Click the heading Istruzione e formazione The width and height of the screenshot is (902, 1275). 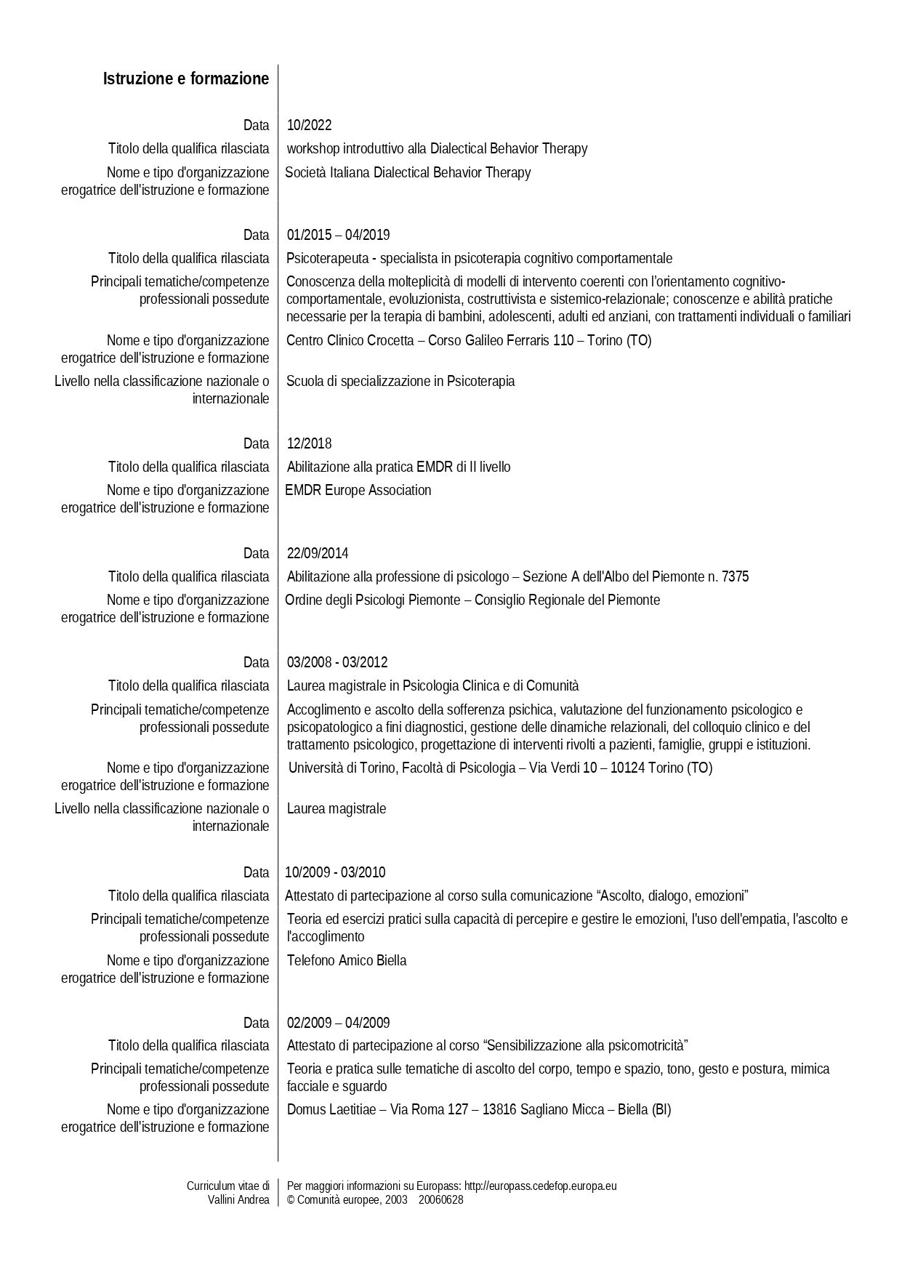pyautogui.click(x=186, y=79)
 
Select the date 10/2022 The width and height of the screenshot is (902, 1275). pyautogui.click(x=309, y=125)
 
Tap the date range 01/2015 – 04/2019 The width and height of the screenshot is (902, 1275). pyautogui.click(x=338, y=235)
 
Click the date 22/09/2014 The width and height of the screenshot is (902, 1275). pyautogui.click(x=318, y=553)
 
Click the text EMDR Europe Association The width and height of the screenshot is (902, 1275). pyautogui.click(x=358, y=490)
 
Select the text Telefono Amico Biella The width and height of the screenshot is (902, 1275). pyautogui.click(x=347, y=960)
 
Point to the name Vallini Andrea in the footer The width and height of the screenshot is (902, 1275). pyautogui.click(x=238, y=1199)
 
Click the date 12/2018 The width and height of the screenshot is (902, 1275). pyautogui.click(x=309, y=443)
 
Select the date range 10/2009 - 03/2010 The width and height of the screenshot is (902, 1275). pyautogui.click(x=335, y=872)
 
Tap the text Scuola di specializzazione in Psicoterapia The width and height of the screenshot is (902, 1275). pyautogui.click(x=400, y=381)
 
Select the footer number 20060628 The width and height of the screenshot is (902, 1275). pyautogui.click(x=440, y=1199)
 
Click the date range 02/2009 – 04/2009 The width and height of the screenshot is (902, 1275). pyautogui.click(x=338, y=1023)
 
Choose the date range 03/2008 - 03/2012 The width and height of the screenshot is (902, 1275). pyautogui.click(x=337, y=662)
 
